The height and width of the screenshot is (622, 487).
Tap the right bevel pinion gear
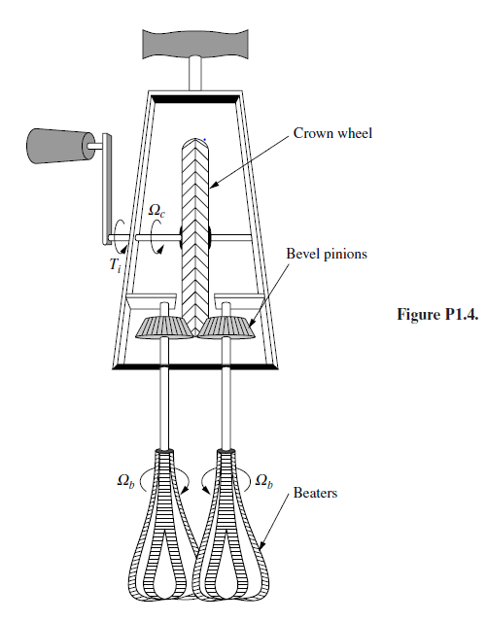pyautogui.click(x=228, y=327)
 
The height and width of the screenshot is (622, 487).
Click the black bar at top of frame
pyautogui.click(x=192, y=98)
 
